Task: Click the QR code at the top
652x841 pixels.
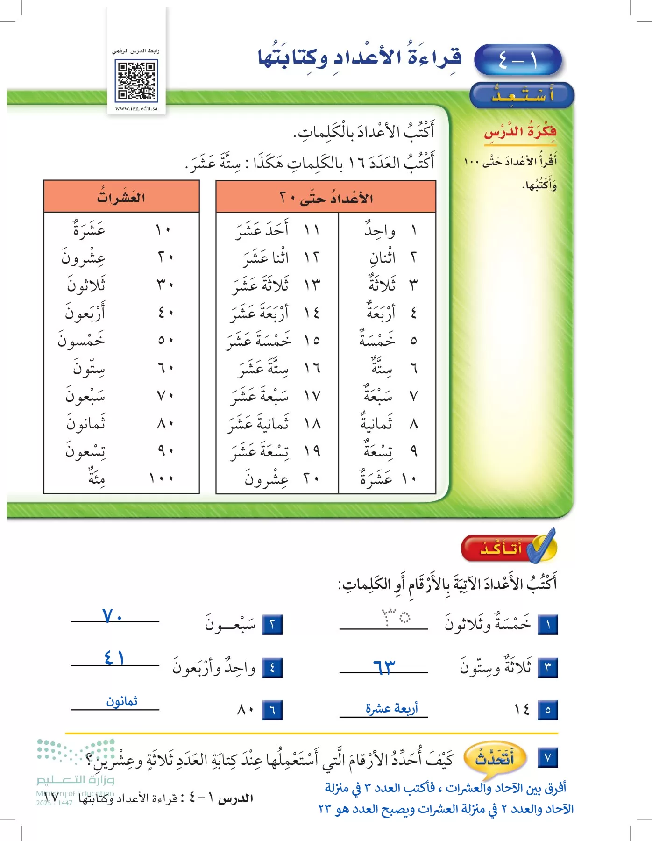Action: click(136, 81)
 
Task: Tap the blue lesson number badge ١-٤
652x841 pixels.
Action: click(517, 61)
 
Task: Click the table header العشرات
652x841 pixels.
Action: click(121, 197)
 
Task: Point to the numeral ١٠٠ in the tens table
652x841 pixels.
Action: click(162, 478)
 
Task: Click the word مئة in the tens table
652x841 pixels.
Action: click(97, 478)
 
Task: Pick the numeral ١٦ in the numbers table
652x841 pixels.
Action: click(312, 368)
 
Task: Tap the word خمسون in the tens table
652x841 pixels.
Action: click(82, 340)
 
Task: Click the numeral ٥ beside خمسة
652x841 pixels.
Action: click(413, 341)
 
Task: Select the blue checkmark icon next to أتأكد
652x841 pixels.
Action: click(542, 546)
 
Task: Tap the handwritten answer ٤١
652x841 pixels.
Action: click(114, 658)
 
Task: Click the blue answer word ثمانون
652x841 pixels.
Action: click(122, 701)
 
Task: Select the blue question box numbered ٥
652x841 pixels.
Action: click(548, 710)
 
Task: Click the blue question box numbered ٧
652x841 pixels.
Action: click(548, 757)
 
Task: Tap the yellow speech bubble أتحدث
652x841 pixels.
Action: click(495, 758)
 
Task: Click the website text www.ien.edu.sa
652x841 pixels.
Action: click(136, 108)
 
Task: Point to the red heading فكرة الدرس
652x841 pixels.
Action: click(520, 132)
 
